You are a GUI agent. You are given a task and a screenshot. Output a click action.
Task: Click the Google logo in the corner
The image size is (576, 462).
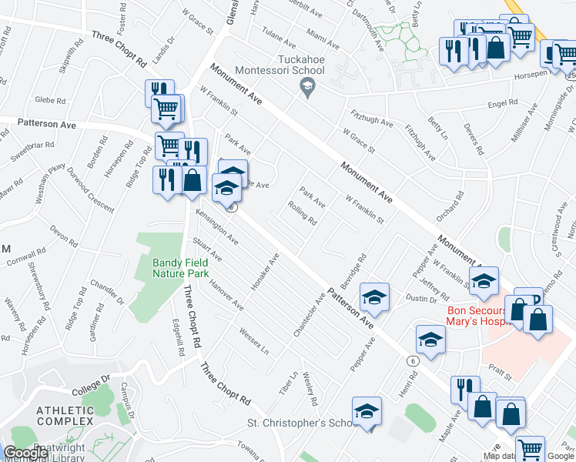point(25,453)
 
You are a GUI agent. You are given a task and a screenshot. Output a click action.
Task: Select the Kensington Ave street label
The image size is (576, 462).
point(216,229)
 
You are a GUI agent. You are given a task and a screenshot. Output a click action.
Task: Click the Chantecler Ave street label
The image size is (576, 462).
point(307,314)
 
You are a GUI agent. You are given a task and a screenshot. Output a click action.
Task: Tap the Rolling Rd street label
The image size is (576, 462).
point(301,213)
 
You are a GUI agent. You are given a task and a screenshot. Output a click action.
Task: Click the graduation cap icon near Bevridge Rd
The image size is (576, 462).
point(373,296)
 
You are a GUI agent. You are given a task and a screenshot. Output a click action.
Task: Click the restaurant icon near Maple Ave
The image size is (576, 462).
point(465,388)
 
